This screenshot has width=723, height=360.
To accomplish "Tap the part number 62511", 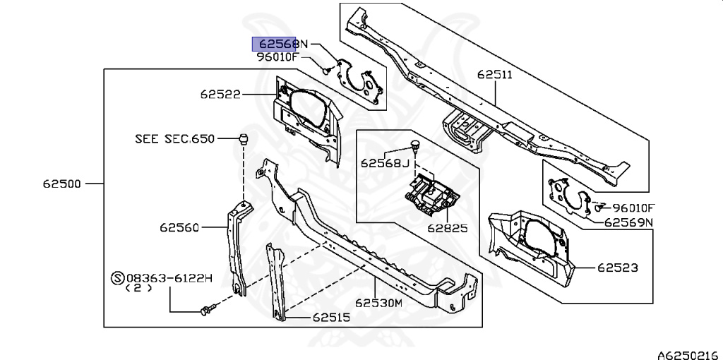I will point(494,74).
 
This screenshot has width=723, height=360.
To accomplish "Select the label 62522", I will point(219,94).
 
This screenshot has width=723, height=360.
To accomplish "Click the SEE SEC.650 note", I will point(174,139).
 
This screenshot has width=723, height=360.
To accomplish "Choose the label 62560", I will point(179,227).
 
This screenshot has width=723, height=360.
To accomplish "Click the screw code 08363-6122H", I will point(169,278).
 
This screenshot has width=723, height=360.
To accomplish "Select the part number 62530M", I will point(378,303).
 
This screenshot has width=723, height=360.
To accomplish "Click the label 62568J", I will point(385,163).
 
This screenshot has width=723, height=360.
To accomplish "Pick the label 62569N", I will point(628,222).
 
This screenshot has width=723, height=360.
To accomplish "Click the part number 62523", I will point(617,268).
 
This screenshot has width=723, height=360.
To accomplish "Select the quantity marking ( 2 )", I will point(138,289).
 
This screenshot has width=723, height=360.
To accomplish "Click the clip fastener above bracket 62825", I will point(417,147).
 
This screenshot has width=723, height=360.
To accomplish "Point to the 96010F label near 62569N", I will point(633,208).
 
